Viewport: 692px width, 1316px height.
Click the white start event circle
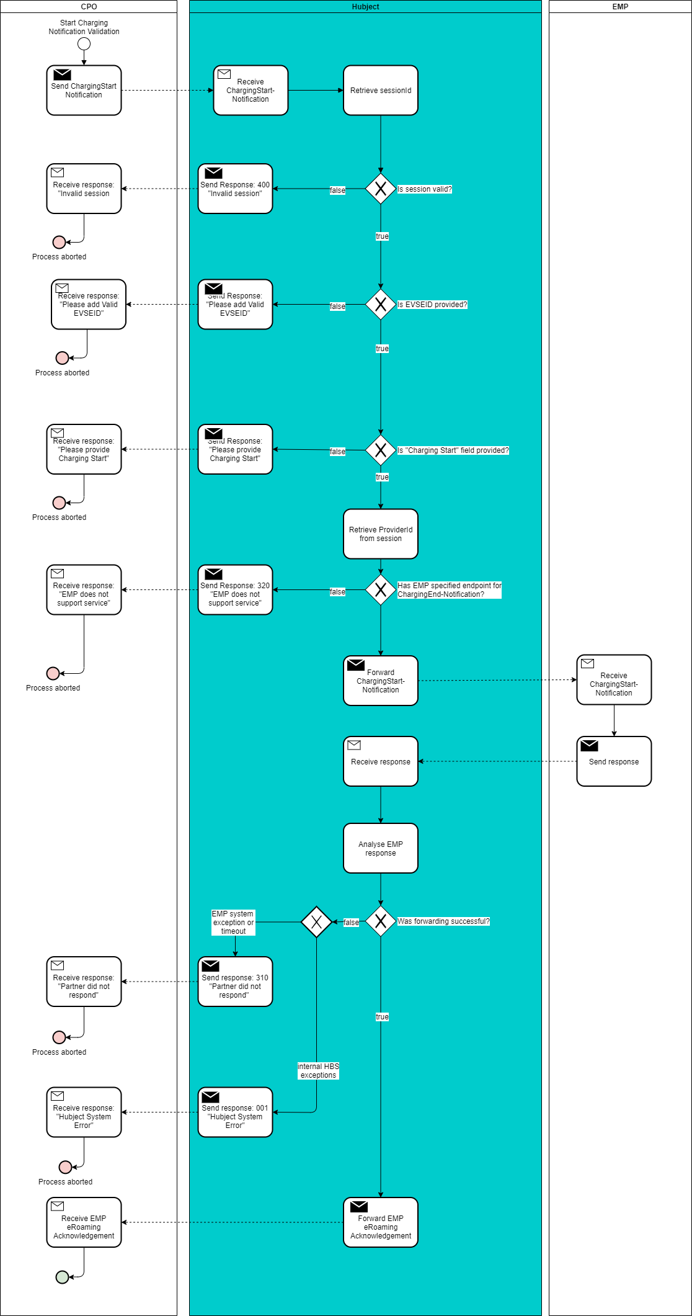coord(84,44)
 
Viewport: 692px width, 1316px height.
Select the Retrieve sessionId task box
coord(380,91)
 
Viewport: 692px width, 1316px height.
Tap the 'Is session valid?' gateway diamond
coord(380,189)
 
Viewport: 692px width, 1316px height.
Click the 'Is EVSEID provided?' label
coord(432,305)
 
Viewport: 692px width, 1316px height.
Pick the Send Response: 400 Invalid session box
coord(235,189)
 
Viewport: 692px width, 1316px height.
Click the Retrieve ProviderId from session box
coord(380,534)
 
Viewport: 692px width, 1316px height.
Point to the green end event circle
coord(62,1277)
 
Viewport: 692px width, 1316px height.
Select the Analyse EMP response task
coord(380,848)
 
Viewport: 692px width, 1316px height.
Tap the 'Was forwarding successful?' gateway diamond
coord(380,921)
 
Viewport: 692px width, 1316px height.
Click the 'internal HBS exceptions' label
coord(318,1071)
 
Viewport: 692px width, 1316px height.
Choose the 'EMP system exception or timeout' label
coord(233,923)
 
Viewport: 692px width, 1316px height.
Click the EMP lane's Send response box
coord(613,761)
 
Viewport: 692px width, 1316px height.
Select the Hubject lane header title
coord(365,7)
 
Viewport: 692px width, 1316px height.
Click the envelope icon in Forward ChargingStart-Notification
coord(356,665)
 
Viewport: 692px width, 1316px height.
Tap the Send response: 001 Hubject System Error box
coord(235,1112)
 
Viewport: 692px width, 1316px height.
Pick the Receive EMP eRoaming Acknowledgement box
coord(84,1222)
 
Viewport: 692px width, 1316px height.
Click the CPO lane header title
coord(89,7)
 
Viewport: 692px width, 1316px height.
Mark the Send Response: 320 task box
coord(235,590)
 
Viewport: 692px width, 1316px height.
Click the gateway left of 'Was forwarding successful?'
coord(316,921)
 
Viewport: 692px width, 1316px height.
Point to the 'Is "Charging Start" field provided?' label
coord(453,450)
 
